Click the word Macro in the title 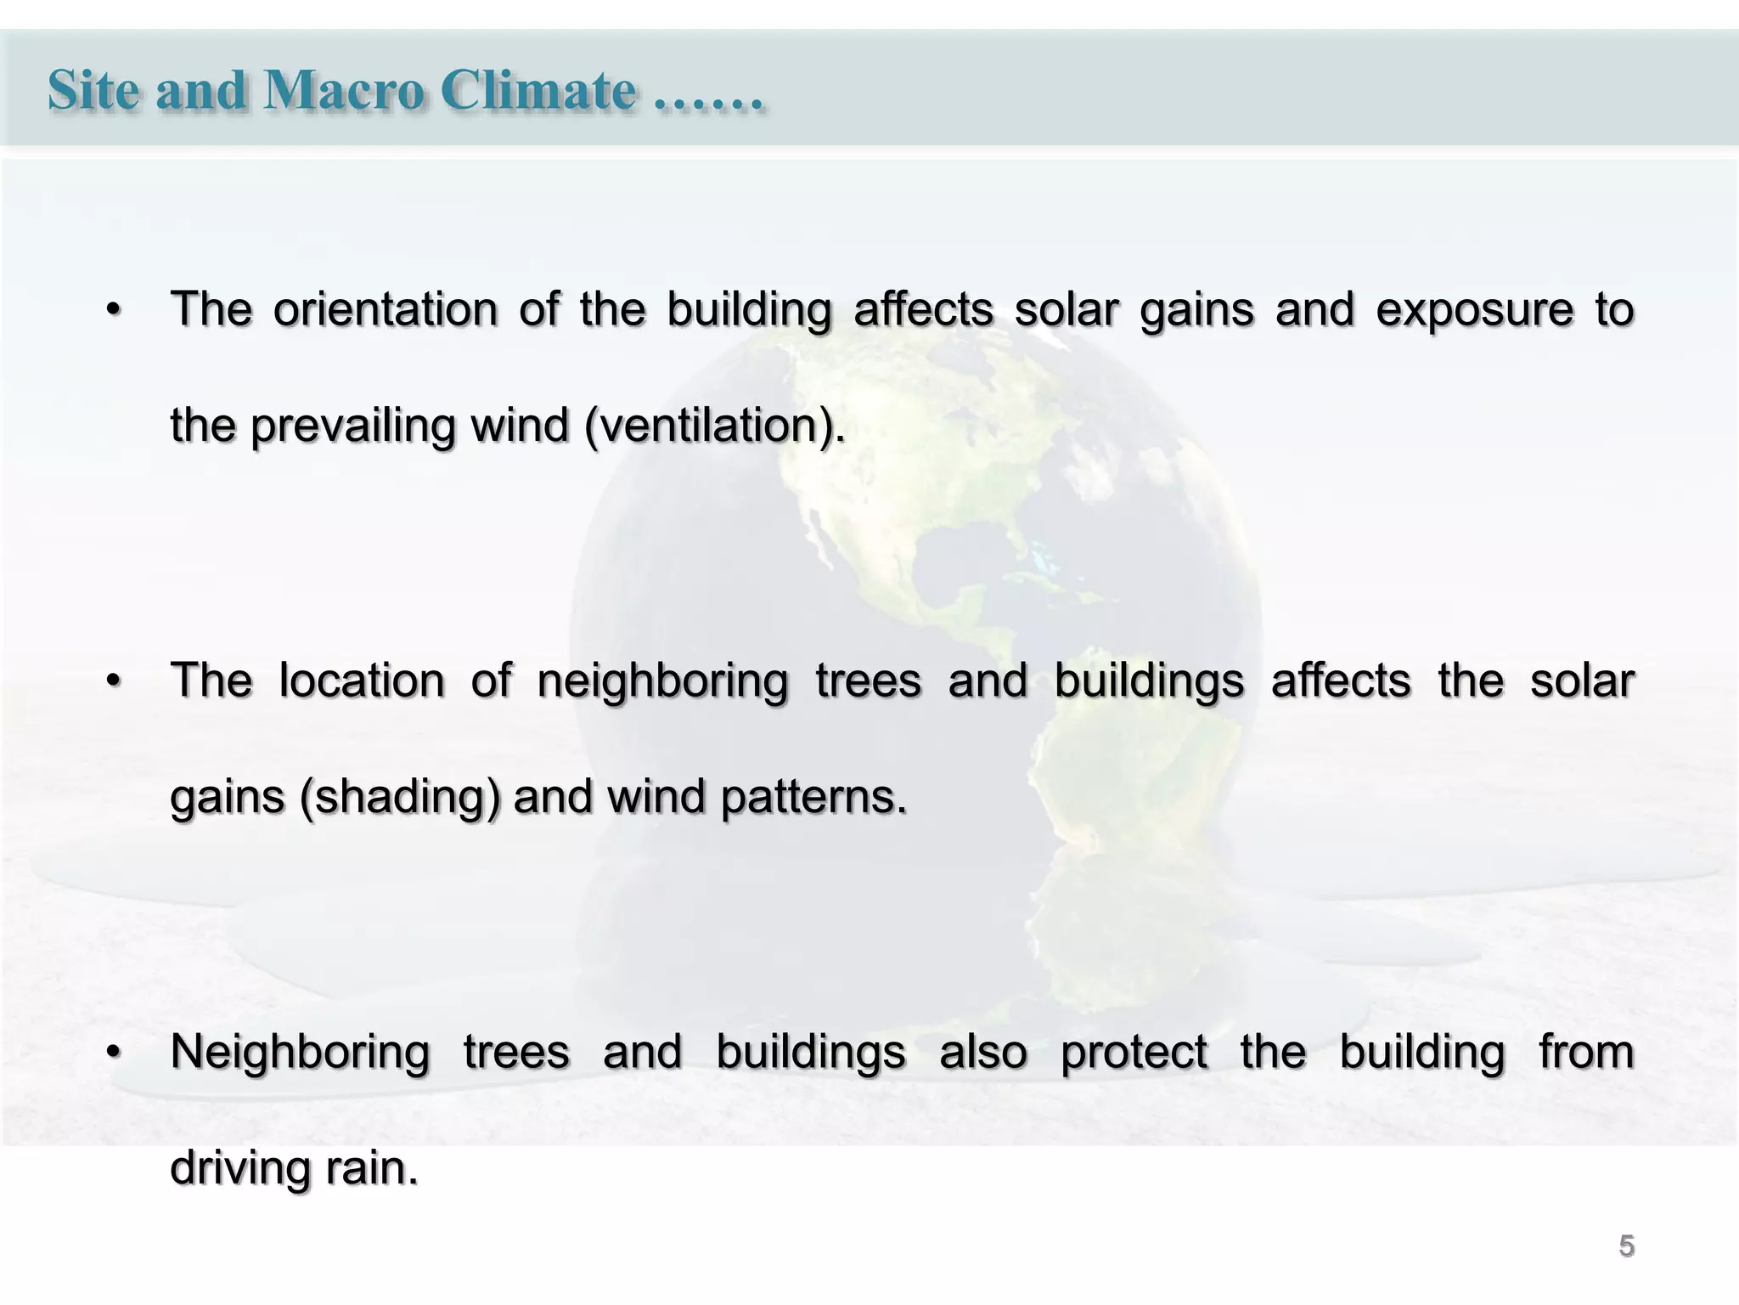(344, 89)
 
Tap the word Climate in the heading (538, 89)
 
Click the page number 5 (1626, 1246)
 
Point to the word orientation (386, 309)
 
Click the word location (362, 681)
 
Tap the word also (983, 1052)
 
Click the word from (1586, 1052)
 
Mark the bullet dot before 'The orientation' (114, 311)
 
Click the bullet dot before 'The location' (114, 682)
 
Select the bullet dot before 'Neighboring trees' (114, 1054)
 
